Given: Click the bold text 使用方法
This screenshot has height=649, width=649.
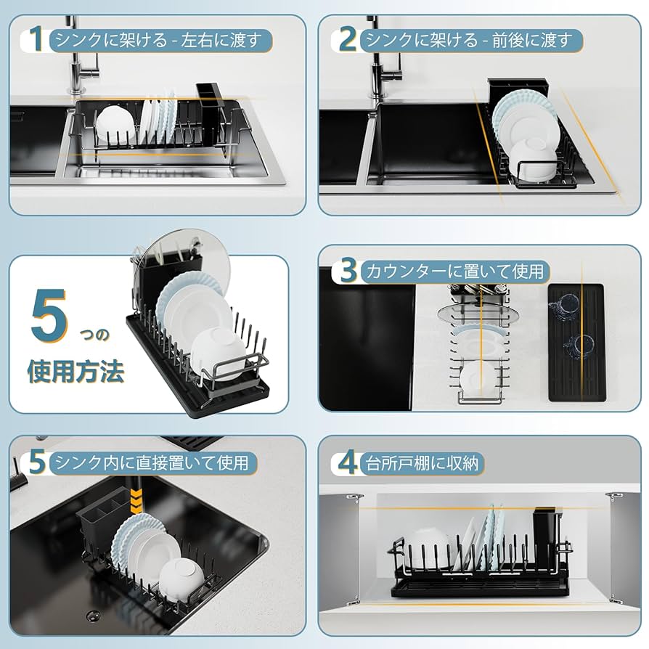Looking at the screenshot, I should click(x=75, y=372).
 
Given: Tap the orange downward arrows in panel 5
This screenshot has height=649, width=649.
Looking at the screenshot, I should click(x=134, y=499).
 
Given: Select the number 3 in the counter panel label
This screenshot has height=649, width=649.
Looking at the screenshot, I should click(x=348, y=272).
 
